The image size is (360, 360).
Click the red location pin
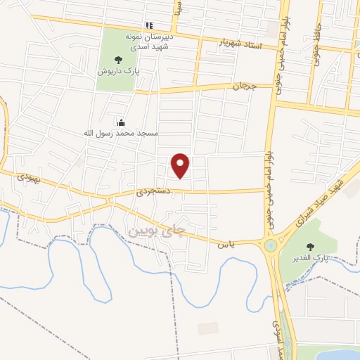(181, 165)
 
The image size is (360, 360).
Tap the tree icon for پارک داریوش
(117, 59)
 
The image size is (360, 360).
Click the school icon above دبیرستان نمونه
(148, 25)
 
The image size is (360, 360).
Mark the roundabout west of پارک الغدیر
(270, 245)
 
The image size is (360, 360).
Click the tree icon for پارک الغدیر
(310, 246)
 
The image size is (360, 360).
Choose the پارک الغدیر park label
(310, 259)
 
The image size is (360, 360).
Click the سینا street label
(180, 8)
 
